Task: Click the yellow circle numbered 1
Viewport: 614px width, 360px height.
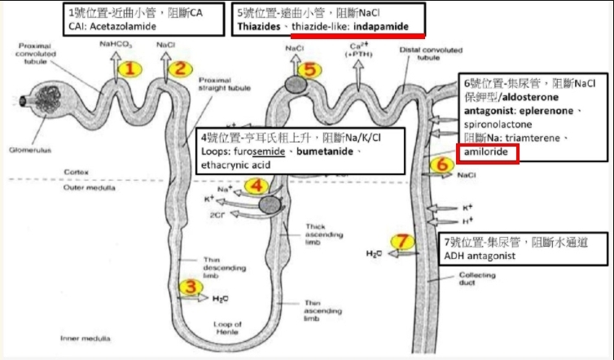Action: click(130, 70)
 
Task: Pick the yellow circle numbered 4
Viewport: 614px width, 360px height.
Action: click(256, 186)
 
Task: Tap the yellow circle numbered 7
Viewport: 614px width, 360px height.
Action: click(402, 241)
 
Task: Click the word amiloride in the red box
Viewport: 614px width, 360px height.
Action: click(485, 153)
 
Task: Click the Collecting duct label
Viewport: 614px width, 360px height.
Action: click(473, 281)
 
